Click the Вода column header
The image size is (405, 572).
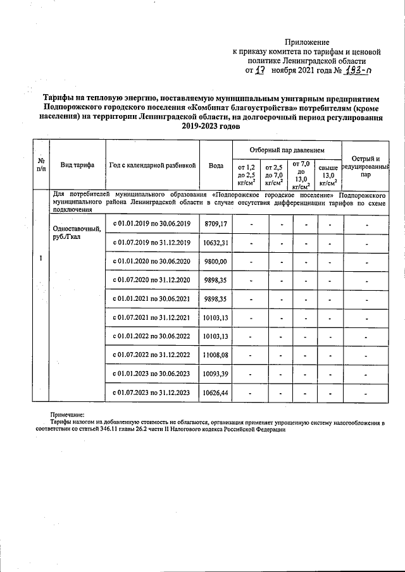(x=216, y=165)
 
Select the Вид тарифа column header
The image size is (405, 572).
(x=77, y=165)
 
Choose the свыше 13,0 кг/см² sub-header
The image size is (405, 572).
(x=327, y=175)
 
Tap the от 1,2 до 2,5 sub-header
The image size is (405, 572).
(x=246, y=175)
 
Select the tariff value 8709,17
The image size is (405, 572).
(x=216, y=224)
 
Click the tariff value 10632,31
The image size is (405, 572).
(x=216, y=243)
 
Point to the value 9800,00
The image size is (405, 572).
(x=216, y=261)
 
